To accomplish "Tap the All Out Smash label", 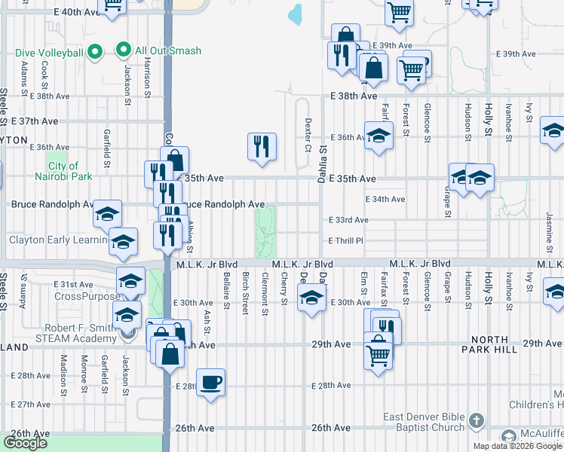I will tap(168, 51).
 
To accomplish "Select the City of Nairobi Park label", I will tap(63, 171).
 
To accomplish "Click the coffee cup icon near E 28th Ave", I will tap(210, 382).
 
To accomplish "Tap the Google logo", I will tap(25, 443).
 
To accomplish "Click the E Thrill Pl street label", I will tap(346, 241).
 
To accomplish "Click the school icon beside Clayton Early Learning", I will tap(123, 241).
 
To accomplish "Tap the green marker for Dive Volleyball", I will tap(95, 52).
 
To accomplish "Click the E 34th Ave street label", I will tap(385, 200).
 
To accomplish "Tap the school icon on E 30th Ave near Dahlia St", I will tap(311, 296).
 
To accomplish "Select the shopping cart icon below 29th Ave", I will tap(378, 353).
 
